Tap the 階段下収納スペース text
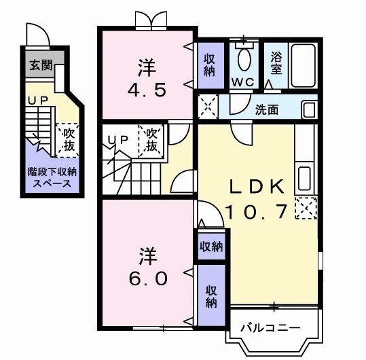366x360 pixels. coord(52,177)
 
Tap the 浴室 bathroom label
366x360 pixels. coord(277,63)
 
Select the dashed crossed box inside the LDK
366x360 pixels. coord(307,207)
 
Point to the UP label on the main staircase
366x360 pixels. coord(118,140)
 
